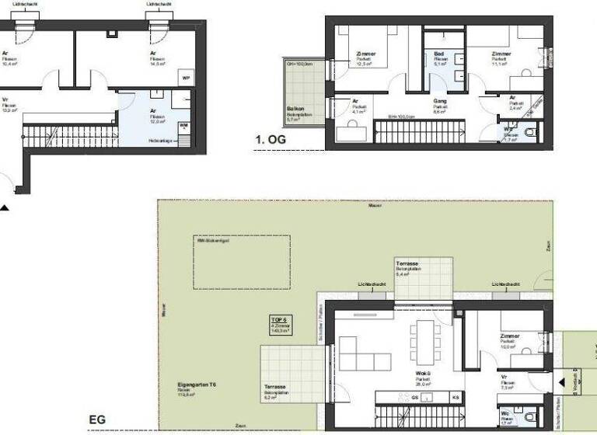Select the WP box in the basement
coord(186,78)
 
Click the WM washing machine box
coord(184,125)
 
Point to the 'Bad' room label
coord(439,55)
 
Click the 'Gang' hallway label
coord(439,101)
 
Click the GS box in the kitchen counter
coord(415,396)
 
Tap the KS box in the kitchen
coord(456,396)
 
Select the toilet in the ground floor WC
coord(530,417)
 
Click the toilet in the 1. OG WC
coord(531,133)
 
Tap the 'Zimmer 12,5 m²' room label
coord(365,56)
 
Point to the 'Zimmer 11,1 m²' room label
coord(501,56)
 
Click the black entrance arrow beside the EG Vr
coord(561,382)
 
